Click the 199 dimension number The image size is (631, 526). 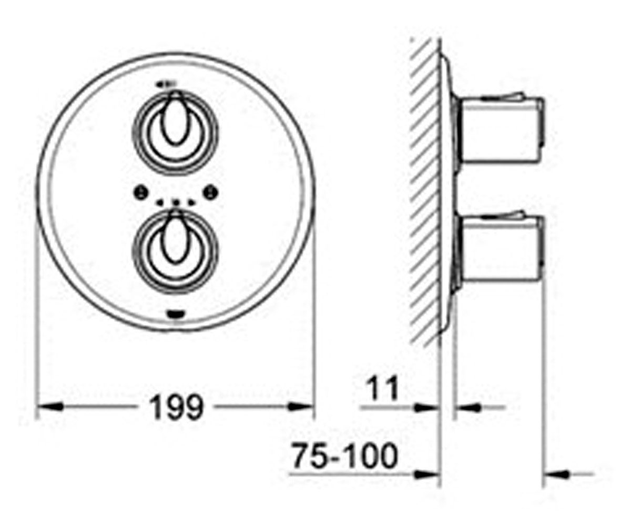pos(177,408)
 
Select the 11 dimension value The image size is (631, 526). pos(383,389)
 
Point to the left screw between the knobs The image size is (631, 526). pos(140,193)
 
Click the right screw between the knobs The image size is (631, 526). pos(211,193)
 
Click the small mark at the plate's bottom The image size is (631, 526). pos(175,315)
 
